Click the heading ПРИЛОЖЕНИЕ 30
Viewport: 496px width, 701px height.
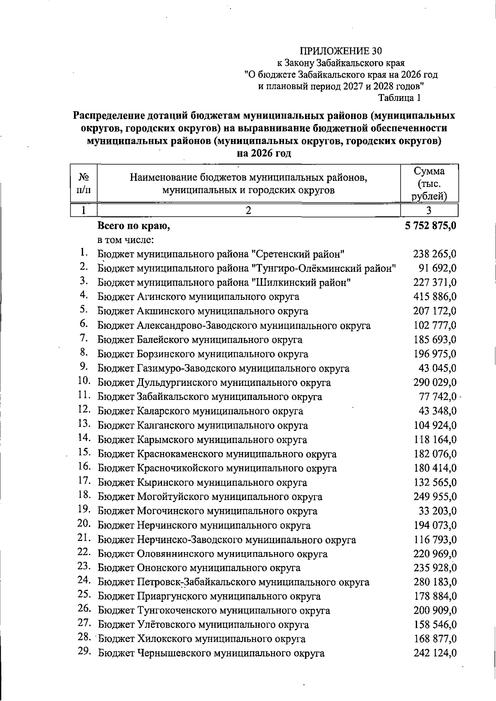coord(341,51)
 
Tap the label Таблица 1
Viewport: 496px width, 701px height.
coord(399,98)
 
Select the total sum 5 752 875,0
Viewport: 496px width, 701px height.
coord(429,226)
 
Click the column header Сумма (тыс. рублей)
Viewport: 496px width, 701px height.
coord(429,183)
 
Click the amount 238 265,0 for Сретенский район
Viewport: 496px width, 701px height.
coord(435,254)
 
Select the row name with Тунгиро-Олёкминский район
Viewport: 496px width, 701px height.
coord(247,268)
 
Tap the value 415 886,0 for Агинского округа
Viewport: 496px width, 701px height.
coord(435,297)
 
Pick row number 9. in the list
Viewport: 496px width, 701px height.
coord(85,366)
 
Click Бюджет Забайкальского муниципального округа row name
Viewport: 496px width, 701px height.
coord(210,397)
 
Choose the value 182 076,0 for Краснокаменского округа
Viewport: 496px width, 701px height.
coord(435,454)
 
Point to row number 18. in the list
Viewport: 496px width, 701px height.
coord(84,495)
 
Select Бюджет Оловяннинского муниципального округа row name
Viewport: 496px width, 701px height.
coord(212,554)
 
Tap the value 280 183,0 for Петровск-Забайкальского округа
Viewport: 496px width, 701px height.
coord(435,582)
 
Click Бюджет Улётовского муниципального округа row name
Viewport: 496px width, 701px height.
coord(203,625)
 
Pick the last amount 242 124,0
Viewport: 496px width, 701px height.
coord(435,653)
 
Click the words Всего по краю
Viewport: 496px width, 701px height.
coord(134,226)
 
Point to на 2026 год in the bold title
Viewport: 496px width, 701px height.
coord(264,153)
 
